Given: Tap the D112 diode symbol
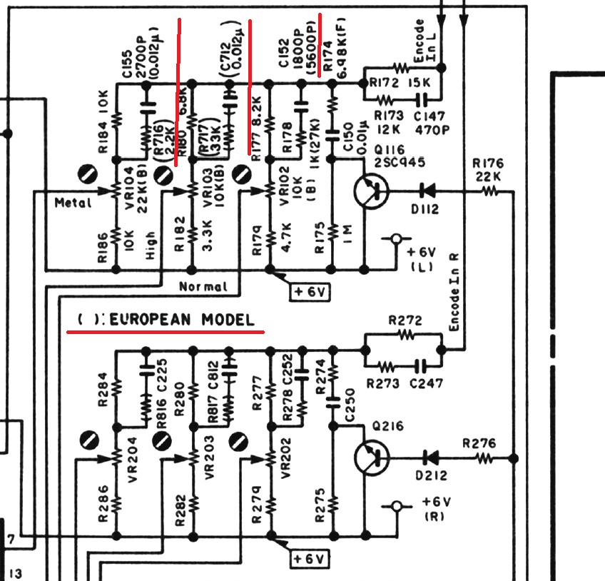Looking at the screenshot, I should tap(428, 191).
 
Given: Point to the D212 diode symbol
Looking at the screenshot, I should tap(429, 458).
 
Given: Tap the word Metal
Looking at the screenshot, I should tap(73, 203).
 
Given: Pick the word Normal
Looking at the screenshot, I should tap(203, 287).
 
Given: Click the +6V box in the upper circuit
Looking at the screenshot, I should tap(308, 290).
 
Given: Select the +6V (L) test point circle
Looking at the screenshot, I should tap(393, 241).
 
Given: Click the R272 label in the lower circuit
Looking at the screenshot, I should tap(404, 321).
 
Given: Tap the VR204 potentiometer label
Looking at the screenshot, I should tap(133, 463).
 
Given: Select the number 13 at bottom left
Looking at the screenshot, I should tap(16, 573).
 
